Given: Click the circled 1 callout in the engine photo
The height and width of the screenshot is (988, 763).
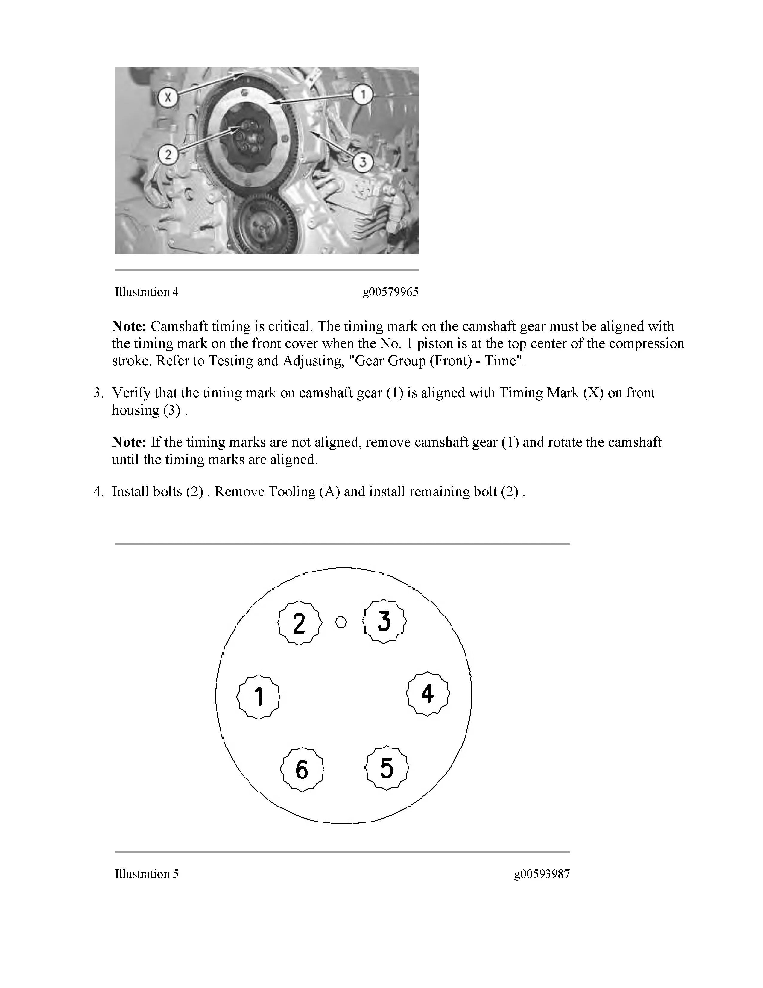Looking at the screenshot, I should click(x=362, y=95).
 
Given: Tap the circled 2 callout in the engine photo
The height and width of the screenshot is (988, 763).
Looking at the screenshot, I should click(x=168, y=155).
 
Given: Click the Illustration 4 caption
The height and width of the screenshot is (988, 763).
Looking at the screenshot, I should click(x=146, y=292).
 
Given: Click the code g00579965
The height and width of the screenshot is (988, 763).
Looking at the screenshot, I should click(x=390, y=292).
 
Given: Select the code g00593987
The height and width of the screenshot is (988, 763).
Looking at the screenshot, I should click(x=542, y=874).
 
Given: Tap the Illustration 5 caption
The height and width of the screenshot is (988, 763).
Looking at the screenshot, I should click(x=146, y=874).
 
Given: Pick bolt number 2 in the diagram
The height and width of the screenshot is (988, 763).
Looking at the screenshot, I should click(x=299, y=623).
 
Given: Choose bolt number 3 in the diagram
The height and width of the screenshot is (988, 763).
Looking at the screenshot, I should click(x=384, y=621).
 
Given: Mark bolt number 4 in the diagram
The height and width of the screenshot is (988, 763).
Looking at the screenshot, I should click(x=428, y=693).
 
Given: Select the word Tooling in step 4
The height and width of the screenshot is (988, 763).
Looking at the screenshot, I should click(x=291, y=491).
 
